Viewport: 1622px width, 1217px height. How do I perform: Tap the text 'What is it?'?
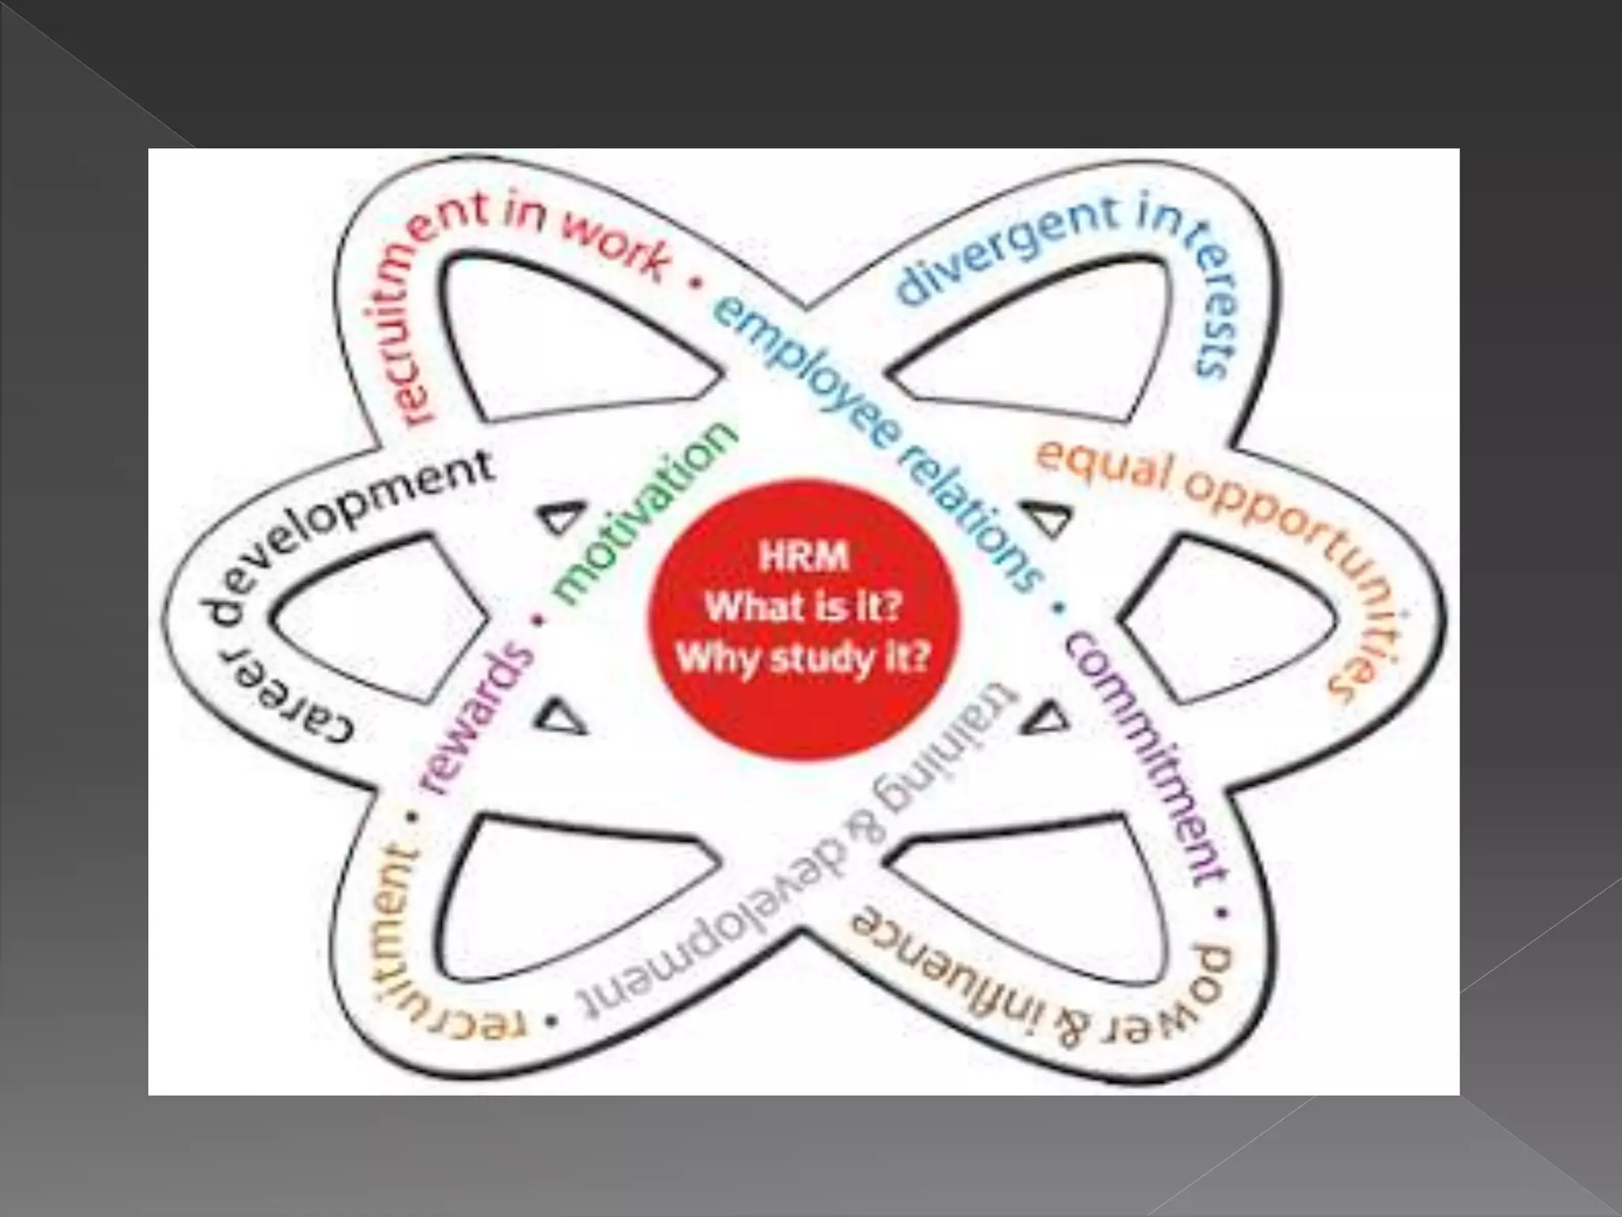[x=803, y=608]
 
